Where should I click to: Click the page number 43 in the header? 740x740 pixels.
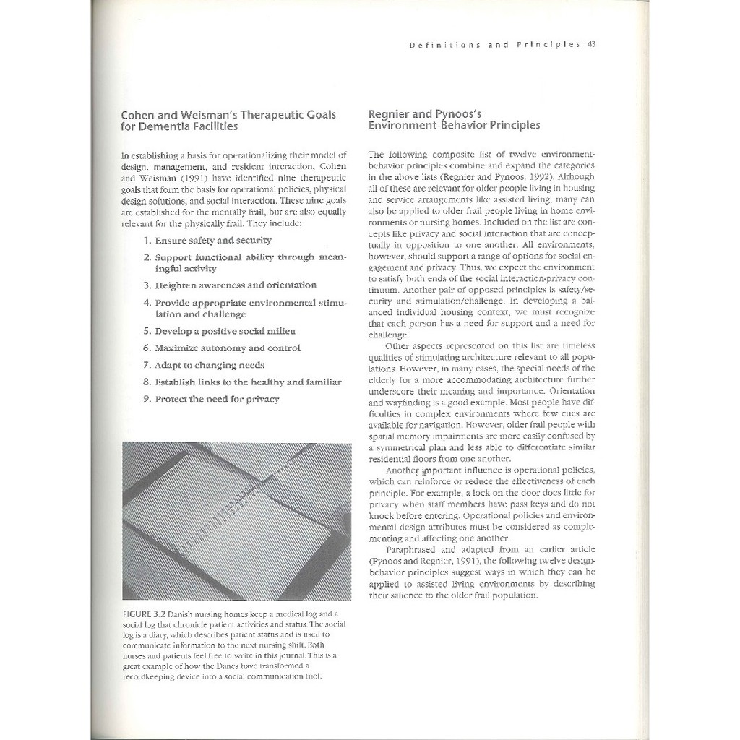pyautogui.click(x=590, y=44)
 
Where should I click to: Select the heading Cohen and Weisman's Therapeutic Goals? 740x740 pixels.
pyautogui.click(x=228, y=115)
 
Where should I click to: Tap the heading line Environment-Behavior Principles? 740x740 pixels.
pyautogui.click(x=454, y=126)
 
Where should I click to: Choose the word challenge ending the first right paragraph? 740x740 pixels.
pyautogui.click(x=388, y=335)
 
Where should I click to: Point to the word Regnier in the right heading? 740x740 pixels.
pyautogui.click(x=390, y=114)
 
